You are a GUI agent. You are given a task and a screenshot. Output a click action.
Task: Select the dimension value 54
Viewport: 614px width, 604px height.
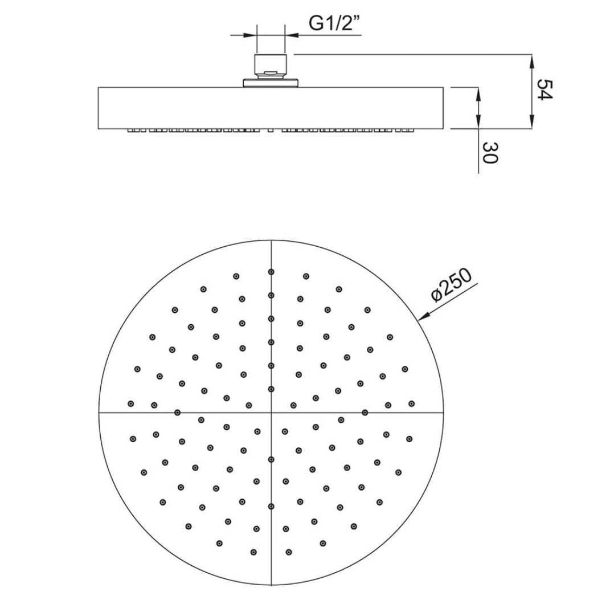tap(544, 90)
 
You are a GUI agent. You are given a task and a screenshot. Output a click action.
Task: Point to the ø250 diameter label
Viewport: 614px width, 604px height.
tap(452, 287)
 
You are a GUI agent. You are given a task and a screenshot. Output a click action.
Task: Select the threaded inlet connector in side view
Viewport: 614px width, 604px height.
tap(272, 66)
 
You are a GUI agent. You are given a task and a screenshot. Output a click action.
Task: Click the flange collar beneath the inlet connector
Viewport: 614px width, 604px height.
tap(272, 83)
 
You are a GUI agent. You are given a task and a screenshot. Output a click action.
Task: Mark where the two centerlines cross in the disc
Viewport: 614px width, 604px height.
tap(271, 412)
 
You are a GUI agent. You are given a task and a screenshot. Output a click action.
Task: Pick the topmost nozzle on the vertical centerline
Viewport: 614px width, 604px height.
tap(271, 272)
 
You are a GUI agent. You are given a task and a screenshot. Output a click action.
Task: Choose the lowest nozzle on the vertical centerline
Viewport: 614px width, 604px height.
tap(271, 506)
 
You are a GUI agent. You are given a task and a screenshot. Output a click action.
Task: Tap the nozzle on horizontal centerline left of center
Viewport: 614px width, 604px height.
tap(178, 412)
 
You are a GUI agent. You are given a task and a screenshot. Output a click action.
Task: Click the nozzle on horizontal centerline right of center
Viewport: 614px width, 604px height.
tap(365, 412)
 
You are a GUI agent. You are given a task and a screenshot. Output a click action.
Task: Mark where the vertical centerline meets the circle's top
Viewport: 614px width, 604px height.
tap(271, 240)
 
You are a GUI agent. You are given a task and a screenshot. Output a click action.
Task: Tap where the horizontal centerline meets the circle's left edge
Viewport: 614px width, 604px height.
tap(99, 412)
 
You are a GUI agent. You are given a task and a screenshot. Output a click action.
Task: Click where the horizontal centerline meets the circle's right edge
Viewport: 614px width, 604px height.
tap(443, 412)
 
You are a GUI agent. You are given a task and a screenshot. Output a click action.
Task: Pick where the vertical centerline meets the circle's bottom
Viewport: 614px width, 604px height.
tap(271, 585)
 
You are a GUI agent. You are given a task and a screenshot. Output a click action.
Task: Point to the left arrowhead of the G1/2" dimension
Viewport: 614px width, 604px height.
tap(253, 35)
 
